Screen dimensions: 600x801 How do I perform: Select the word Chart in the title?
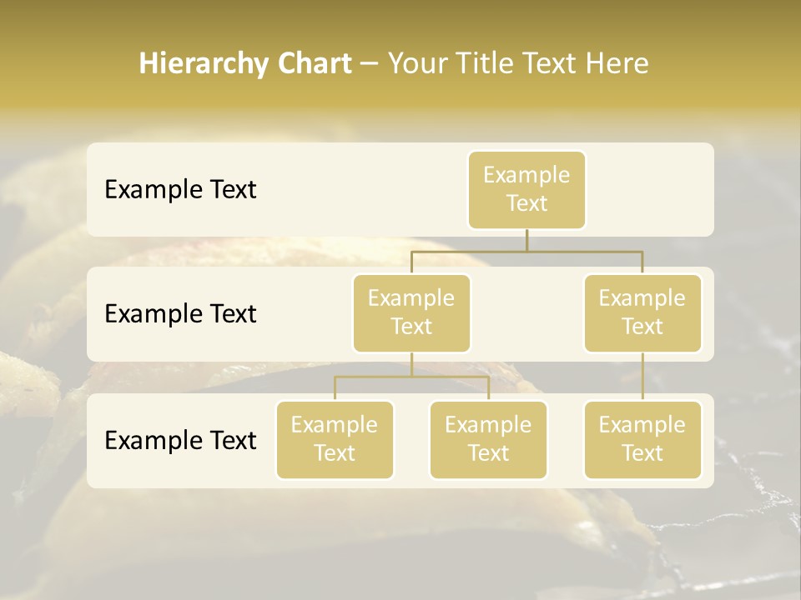[x=311, y=64]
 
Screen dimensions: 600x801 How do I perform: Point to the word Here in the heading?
[x=616, y=64]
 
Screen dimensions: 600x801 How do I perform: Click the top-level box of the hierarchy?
[x=526, y=190]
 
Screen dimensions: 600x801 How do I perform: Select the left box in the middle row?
[x=411, y=313]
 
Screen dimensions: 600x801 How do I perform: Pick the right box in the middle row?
[x=642, y=313]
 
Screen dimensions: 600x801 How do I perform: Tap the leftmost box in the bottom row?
[x=335, y=440]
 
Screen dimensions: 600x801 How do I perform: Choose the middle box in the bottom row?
[x=488, y=440]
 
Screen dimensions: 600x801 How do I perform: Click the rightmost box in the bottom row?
[x=642, y=440]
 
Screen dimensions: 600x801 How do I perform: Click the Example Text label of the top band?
[x=180, y=190]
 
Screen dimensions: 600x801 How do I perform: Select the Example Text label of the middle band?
[x=180, y=314]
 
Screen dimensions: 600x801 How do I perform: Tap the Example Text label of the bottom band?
[x=180, y=440]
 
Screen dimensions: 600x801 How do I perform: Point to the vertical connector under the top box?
[x=526, y=240]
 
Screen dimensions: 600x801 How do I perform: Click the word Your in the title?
[x=416, y=64]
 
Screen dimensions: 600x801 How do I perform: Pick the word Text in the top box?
[x=526, y=203]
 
